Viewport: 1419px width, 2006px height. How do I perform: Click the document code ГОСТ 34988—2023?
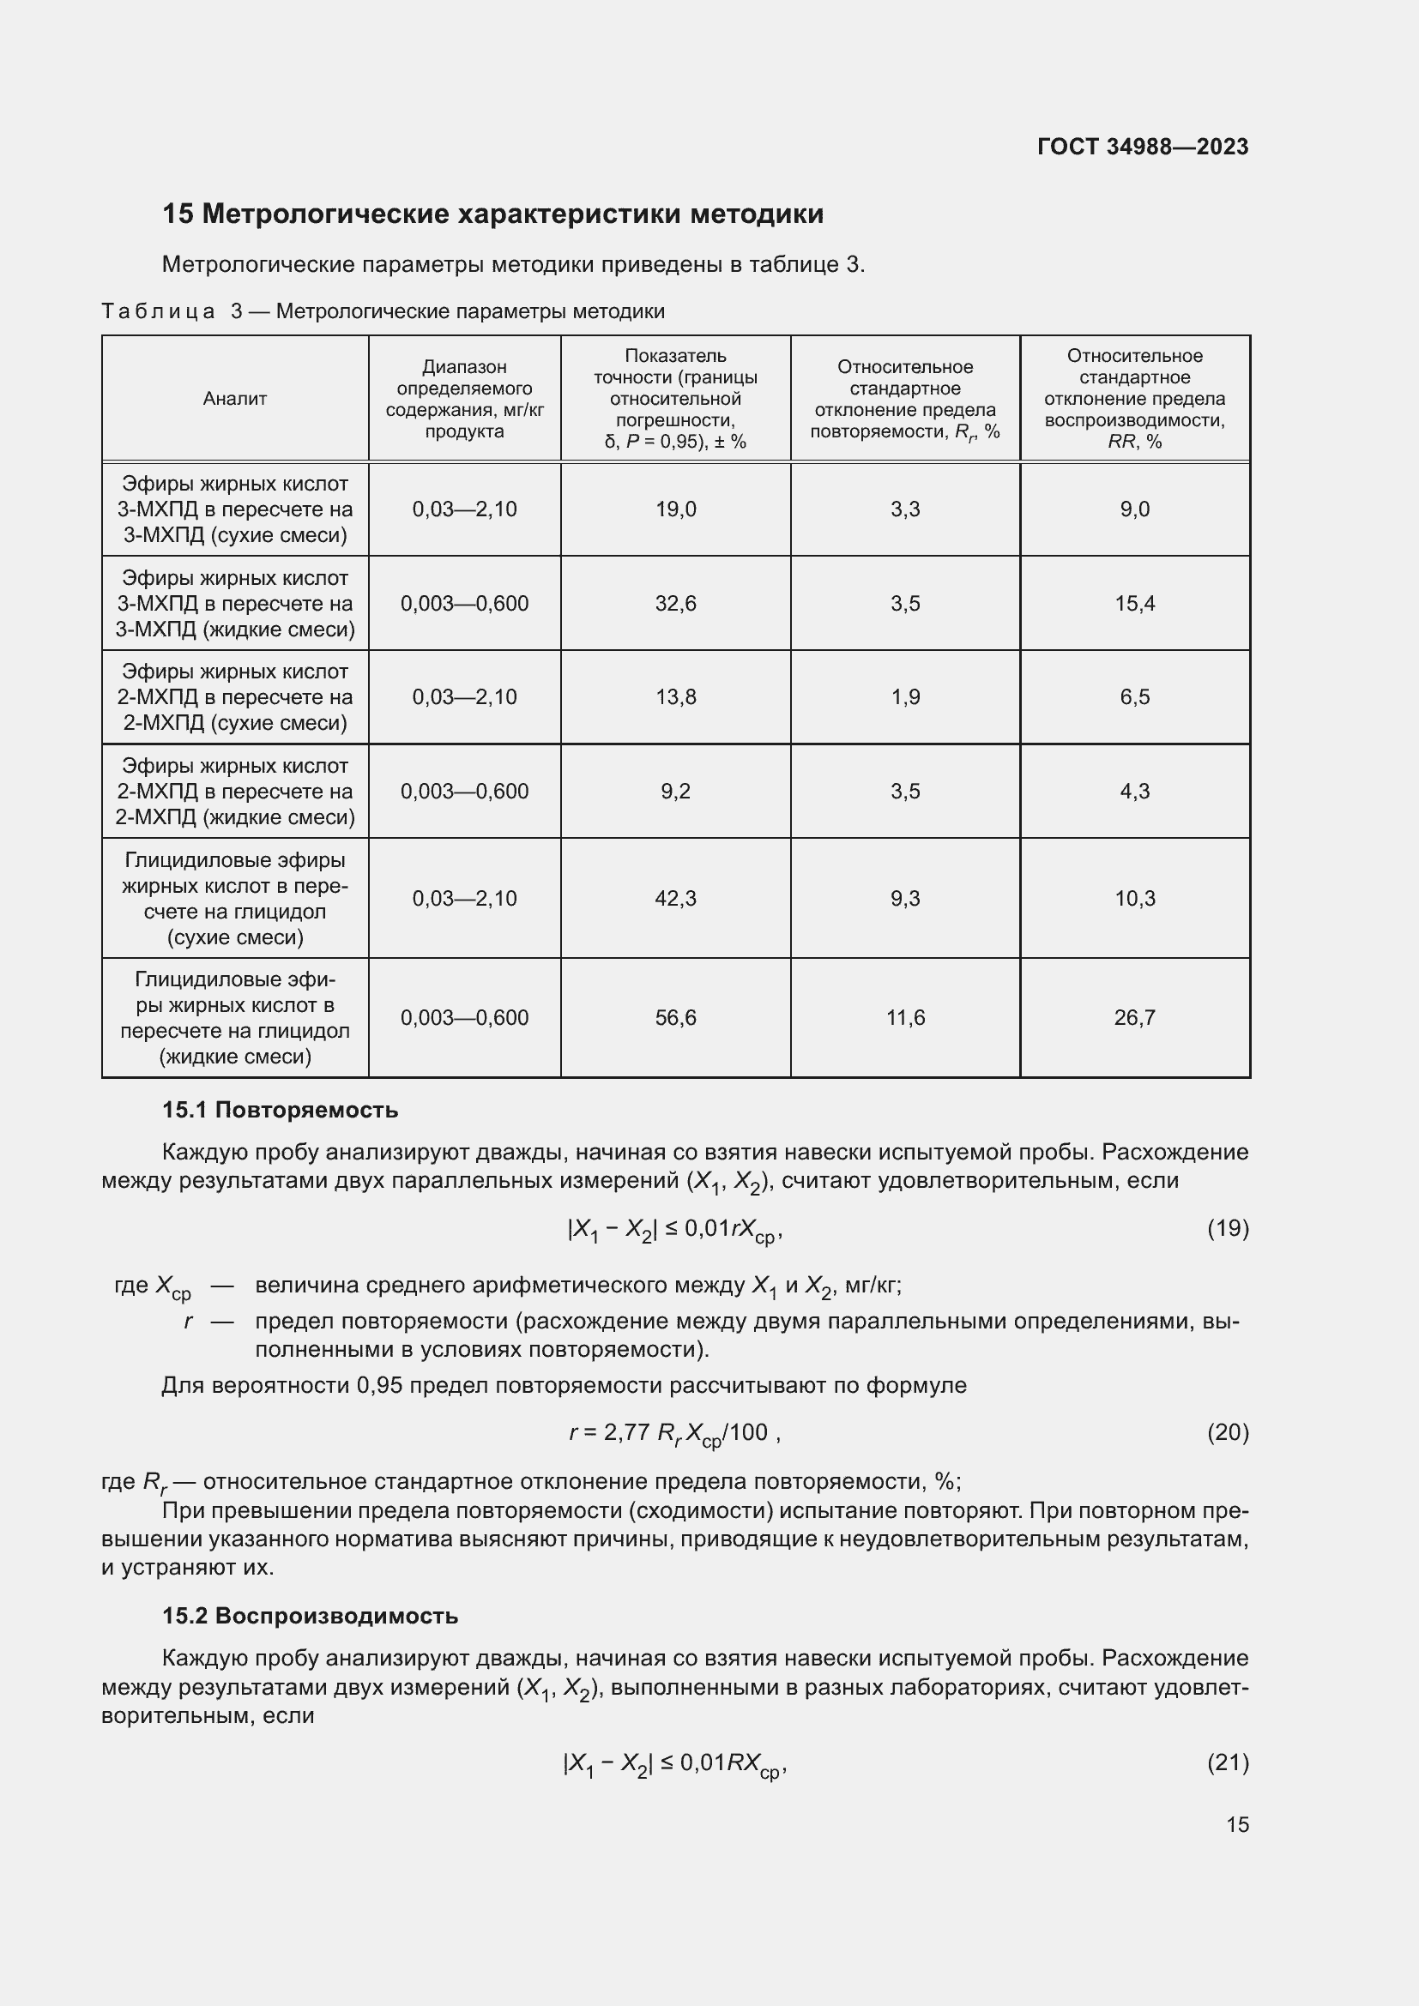(x=1142, y=147)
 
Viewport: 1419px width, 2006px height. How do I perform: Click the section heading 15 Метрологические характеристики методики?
(x=492, y=214)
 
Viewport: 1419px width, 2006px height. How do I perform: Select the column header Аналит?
(x=234, y=399)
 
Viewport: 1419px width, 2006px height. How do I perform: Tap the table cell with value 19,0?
(x=675, y=509)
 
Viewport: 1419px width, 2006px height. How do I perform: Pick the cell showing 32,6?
(x=675, y=604)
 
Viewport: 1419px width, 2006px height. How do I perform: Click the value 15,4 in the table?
(x=1134, y=604)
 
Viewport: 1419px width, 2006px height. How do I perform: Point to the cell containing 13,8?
(x=675, y=697)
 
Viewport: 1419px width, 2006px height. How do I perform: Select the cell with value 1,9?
(x=905, y=697)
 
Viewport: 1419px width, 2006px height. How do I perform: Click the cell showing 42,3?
(x=675, y=898)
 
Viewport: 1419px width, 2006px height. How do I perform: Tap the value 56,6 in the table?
(x=675, y=1018)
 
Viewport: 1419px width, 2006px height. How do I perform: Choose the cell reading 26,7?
(x=1134, y=1018)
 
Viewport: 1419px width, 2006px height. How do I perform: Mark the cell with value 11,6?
(x=905, y=1018)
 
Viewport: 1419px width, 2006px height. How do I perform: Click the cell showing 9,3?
(x=905, y=898)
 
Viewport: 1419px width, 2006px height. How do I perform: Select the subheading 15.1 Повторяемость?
(x=280, y=1111)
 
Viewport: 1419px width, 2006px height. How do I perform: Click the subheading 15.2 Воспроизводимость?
(x=310, y=1617)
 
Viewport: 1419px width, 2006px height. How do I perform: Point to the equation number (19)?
(x=1228, y=1229)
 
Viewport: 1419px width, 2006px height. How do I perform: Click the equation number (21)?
(x=1228, y=1763)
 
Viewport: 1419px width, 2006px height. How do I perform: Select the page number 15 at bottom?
(x=1237, y=1825)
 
